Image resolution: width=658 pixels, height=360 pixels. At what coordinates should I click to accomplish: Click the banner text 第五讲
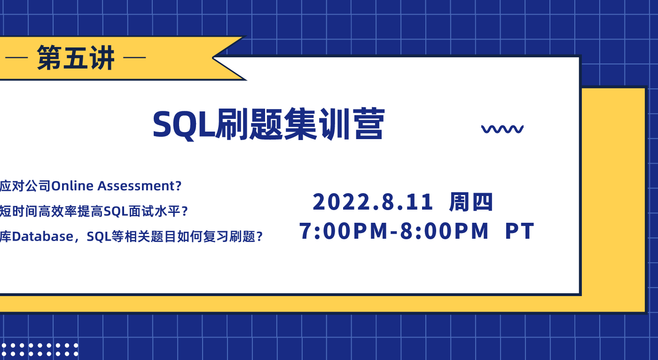(76, 57)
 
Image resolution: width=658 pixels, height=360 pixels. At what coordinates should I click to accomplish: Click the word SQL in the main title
(184, 125)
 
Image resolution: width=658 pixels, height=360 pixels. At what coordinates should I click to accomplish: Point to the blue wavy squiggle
(502, 129)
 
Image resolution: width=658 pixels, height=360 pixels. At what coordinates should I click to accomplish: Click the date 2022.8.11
(373, 202)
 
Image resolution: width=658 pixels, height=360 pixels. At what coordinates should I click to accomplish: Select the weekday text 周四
(471, 202)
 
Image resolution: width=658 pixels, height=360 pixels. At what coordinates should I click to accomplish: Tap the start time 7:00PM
(344, 231)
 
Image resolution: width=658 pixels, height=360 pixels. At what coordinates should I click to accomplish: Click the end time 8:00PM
(445, 231)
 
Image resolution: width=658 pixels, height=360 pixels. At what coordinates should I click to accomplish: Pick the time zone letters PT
(519, 231)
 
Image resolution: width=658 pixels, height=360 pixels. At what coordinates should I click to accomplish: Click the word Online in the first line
(72, 186)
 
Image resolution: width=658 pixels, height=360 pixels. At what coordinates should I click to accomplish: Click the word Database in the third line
(43, 236)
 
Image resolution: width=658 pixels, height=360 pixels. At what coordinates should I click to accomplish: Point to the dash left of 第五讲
(16, 57)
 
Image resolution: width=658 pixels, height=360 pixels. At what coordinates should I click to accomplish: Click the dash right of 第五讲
(134, 57)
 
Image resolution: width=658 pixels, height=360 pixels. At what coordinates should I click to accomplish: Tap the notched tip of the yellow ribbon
(213, 57)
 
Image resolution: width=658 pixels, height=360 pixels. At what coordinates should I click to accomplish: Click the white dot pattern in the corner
(39, 350)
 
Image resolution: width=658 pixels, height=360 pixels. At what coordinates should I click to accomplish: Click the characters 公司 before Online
(38, 186)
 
